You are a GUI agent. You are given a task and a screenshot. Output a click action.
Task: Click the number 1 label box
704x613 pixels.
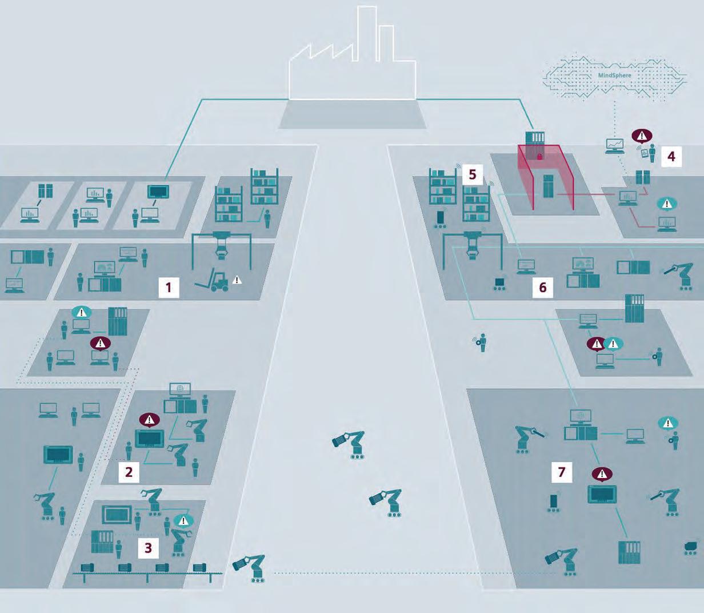tap(168, 287)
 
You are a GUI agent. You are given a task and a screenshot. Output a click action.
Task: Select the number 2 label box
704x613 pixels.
tap(129, 472)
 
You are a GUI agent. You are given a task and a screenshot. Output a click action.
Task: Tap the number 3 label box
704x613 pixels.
tap(148, 547)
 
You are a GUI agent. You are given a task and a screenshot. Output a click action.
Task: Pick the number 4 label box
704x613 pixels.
tap(671, 156)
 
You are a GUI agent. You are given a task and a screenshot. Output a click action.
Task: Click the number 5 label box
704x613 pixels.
tap(472, 174)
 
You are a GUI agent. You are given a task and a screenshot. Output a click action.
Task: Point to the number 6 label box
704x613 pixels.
tap(542, 287)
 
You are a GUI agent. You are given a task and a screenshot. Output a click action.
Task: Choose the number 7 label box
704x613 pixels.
tap(562, 472)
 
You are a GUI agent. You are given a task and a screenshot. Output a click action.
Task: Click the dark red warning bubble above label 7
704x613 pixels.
tap(602, 473)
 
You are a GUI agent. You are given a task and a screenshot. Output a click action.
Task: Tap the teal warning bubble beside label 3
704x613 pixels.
tap(183, 521)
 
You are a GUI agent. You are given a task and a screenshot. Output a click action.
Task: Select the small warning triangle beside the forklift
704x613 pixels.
tap(237, 280)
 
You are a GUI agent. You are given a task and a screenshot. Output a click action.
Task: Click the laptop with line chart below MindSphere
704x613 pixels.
tap(615, 145)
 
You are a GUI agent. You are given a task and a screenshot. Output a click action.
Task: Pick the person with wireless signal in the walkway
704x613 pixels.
tap(482, 343)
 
